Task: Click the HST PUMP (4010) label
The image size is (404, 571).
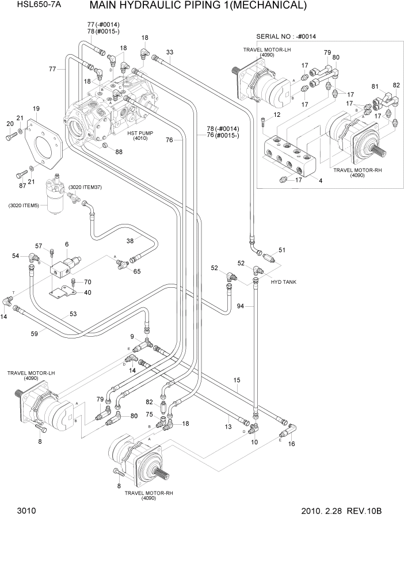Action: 139,135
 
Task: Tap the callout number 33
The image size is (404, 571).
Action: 169,52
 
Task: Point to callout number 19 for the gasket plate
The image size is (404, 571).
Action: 36,109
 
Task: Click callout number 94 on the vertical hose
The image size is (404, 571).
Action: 241,307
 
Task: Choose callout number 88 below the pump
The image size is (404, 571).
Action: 119,152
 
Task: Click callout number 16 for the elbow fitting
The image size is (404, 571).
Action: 291,444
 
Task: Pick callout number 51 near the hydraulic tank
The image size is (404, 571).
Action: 282,250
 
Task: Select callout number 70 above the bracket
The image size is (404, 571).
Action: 87,282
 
